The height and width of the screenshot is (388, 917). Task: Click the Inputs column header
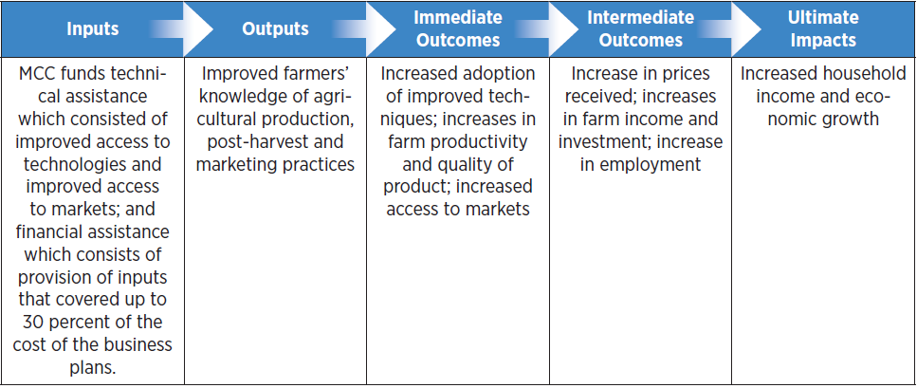pos(92,29)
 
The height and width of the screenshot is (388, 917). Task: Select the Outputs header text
pos(275,29)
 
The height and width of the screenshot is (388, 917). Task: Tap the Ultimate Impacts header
pos(822,28)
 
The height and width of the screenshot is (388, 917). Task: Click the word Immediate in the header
pos(458,18)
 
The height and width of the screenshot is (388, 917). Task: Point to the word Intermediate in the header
pos(641,18)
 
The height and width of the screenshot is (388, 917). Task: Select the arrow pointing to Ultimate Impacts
pos(728,29)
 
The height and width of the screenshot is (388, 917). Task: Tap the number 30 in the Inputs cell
pos(30,322)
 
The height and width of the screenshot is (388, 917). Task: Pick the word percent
pos(77,322)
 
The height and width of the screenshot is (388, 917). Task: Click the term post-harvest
pos(254,142)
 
